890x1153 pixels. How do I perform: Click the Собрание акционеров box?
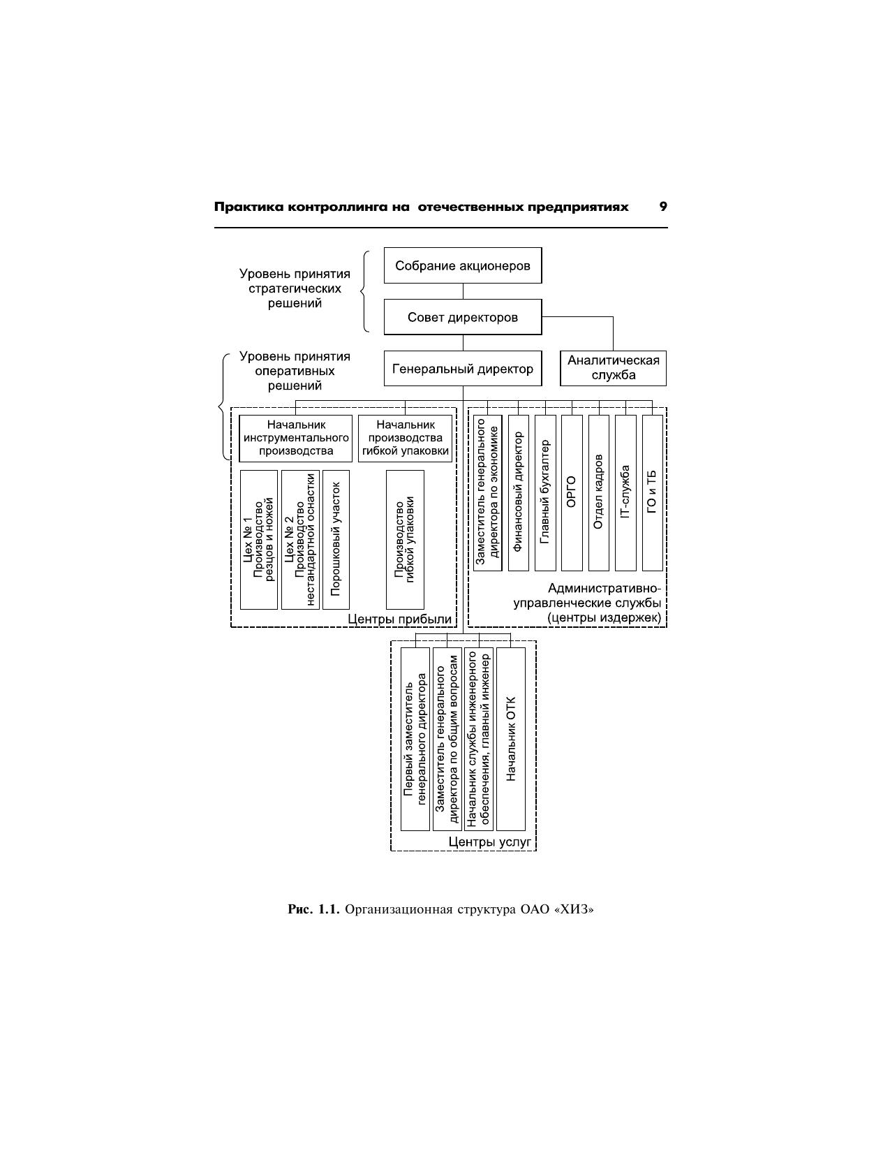click(x=462, y=265)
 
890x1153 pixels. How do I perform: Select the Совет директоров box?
click(x=462, y=317)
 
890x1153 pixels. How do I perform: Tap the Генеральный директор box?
click(x=462, y=369)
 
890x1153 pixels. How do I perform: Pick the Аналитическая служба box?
click(x=613, y=368)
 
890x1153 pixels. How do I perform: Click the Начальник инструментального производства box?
click(x=296, y=438)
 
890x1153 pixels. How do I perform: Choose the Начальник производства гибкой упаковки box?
click(x=405, y=438)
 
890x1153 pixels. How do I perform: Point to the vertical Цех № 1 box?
click(x=258, y=539)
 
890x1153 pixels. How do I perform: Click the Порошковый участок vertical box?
click(x=336, y=539)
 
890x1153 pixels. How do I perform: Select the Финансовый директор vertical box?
click(x=518, y=492)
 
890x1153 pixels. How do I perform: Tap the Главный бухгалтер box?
click(x=545, y=492)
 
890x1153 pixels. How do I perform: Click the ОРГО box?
click(x=572, y=492)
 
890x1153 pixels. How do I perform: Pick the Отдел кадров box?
click(x=598, y=492)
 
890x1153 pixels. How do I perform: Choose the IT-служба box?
click(x=625, y=492)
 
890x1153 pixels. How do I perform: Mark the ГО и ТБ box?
click(x=652, y=492)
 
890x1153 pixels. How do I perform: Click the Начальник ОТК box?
click(x=511, y=738)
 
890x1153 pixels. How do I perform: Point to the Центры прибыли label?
click(x=399, y=619)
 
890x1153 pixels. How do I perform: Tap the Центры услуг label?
click(x=490, y=842)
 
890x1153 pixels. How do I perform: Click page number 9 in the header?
click(x=662, y=207)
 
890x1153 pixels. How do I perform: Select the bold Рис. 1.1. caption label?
click(x=313, y=910)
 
